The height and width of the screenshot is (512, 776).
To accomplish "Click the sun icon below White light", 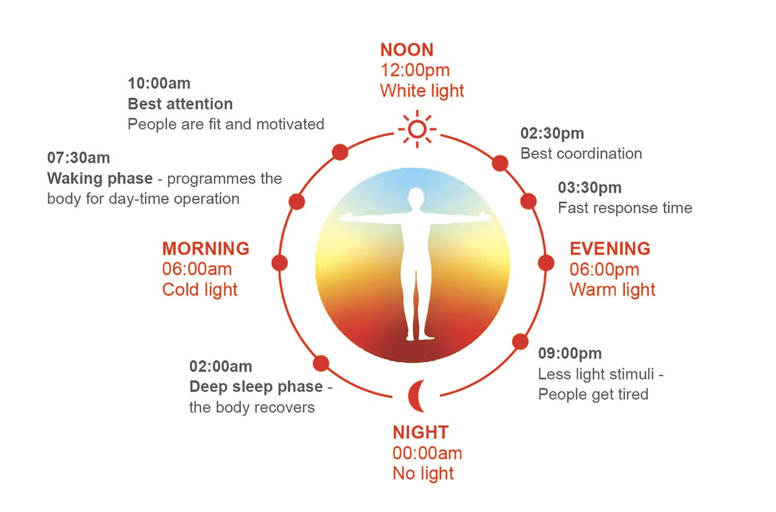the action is [417, 129].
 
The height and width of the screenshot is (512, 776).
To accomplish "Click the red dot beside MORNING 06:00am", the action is [279, 263].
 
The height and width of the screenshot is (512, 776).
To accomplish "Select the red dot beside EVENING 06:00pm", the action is [546, 263].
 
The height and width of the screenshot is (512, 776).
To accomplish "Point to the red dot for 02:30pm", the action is [500, 163].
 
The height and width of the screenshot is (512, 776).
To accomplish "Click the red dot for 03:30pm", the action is [529, 201].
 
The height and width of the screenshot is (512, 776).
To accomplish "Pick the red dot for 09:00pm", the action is [520, 342].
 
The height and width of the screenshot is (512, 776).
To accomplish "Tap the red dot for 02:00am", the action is [321, 363].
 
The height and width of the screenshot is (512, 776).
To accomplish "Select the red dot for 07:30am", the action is [296, 201].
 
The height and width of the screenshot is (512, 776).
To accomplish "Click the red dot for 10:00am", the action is [340, 152].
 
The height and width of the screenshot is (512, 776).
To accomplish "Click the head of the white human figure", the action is [416, 197].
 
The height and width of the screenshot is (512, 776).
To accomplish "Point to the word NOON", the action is [407, 50].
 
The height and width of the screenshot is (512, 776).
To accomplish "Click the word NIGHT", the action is [421, 432].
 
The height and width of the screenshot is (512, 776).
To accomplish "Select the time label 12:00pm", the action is [415, 70].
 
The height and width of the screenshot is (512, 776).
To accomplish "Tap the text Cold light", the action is [200, 289].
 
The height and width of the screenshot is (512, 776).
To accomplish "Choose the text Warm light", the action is [613, 289].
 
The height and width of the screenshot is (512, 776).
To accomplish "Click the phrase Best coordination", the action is [581, 154].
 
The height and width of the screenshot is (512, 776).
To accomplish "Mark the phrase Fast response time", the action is [625, 208].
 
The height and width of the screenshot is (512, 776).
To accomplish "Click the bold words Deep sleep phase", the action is [256, 387].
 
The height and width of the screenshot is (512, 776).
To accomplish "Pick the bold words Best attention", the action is [180, 104].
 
